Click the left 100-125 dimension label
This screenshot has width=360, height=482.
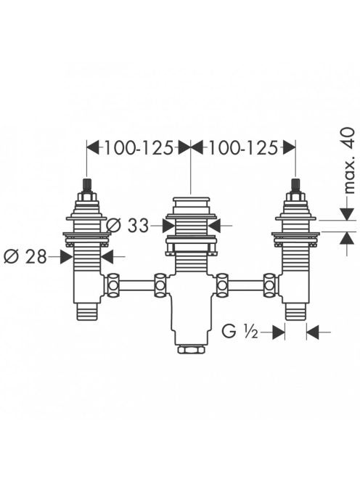coord(139,148)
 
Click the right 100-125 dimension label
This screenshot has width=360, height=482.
coord(243,148)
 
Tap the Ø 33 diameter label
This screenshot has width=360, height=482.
coord(128,226)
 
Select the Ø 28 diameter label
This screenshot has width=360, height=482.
coord(25,256)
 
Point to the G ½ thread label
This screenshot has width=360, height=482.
coord(240,332)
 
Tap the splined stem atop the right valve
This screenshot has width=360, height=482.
coord(295,184)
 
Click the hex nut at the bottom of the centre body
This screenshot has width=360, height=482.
coord(191,349)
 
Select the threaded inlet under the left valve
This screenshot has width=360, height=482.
coord(87,311)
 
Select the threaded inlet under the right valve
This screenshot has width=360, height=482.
coord(295,311)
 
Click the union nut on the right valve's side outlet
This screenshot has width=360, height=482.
coord(270,285)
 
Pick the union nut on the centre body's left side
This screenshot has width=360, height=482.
coord(160,285)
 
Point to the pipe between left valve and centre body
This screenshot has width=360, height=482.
coord(136,285)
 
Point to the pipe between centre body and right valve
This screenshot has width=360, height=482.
coord(246,285)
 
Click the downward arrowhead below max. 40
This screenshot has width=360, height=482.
coord(348,214)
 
